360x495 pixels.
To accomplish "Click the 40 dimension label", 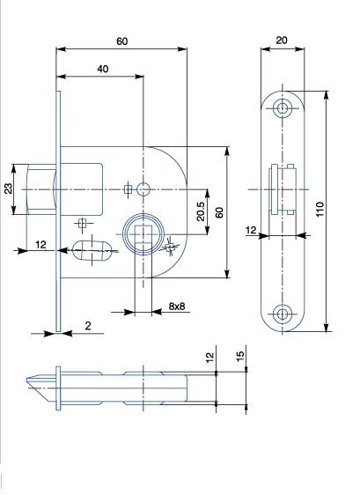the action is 103,69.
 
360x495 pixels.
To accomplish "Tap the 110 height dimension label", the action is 320,209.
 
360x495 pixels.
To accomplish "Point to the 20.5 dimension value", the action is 201,211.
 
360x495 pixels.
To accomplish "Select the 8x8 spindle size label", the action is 177,306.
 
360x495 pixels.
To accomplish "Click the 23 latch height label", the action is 9,188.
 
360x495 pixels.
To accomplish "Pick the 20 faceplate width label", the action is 282,41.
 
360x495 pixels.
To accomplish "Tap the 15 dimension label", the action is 240,356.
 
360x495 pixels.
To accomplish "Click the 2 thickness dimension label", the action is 88,326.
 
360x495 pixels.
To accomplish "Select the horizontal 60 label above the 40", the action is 122,41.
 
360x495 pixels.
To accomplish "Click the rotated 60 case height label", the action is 219,212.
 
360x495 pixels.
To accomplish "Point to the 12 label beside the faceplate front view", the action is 251,230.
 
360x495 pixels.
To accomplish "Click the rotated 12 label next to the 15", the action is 209,357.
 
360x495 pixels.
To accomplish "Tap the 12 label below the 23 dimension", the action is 40,244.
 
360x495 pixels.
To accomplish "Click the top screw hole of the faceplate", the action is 282,108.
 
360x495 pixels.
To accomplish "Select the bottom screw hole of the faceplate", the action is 282,314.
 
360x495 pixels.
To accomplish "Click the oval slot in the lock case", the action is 92,250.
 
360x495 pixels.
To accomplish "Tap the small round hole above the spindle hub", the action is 143,189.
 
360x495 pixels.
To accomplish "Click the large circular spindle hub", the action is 143,234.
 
